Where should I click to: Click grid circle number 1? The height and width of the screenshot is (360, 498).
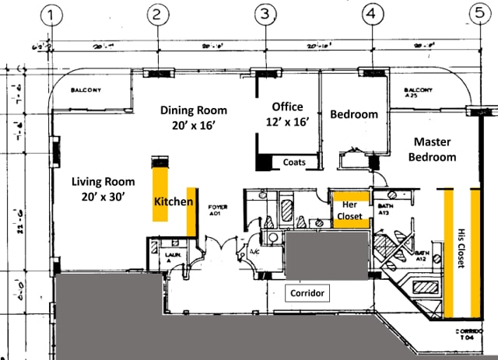[54, 16]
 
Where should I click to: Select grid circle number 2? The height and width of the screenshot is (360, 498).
[159, 13]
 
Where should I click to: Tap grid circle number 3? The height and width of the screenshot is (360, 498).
[266, 13]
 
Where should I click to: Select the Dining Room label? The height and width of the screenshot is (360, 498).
[193, 117]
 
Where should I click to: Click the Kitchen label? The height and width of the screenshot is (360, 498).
[173, 201]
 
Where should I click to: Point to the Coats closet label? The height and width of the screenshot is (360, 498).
[294, 163]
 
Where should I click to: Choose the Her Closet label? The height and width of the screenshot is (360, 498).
[349, 211]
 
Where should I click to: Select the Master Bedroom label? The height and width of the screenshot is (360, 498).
[435, 149]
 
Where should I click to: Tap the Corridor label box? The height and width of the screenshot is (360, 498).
[307, 293]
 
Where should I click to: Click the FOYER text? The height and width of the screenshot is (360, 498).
[217, 207]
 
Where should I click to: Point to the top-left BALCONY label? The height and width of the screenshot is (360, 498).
[86, 89]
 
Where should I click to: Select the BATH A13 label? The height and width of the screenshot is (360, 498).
[384, 208]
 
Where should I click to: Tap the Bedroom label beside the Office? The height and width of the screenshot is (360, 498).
[354, 114]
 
